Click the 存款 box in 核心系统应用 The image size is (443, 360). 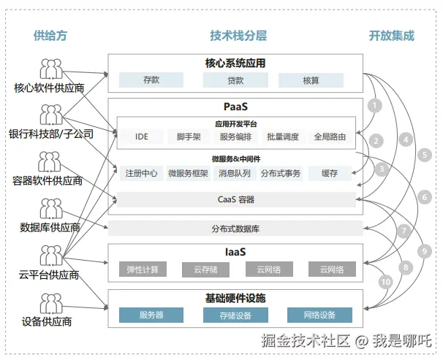(151, 80)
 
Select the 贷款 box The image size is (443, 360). (235, 80)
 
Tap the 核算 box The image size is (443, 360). (311, 80)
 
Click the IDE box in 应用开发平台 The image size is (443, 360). (141, 137)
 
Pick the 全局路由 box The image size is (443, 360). (330, 137)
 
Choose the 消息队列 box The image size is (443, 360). (234, 174)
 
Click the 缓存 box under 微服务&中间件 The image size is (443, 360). (329, 174)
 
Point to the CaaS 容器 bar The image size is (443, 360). (235, 199)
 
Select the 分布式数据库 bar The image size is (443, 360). (235, 229)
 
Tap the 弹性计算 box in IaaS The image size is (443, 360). (143, 269)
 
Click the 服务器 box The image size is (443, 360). (151, 315)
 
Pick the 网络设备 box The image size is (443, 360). (321, 315)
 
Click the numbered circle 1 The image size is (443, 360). (375, 105)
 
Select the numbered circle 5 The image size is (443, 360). (425, 155)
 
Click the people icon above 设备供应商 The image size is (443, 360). (50, 303)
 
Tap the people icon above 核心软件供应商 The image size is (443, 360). (50, 69)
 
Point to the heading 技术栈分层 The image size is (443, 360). (235, 35)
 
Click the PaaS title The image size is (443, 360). (235, 107)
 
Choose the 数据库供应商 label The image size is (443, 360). (50, 228)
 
